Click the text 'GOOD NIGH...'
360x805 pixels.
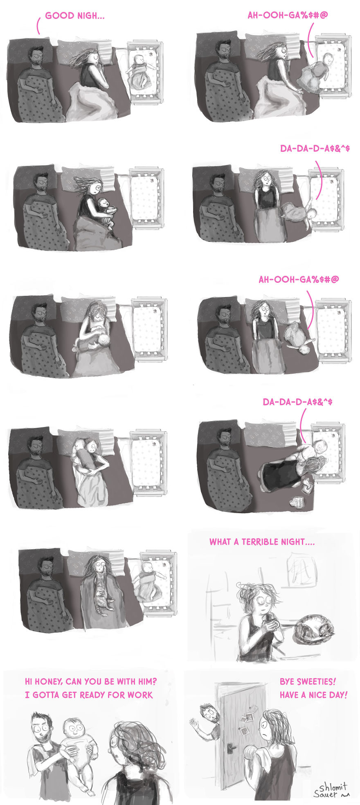[74, 16]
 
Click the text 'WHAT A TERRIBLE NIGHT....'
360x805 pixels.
[262, 542]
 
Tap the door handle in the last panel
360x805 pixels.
[231, 746]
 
